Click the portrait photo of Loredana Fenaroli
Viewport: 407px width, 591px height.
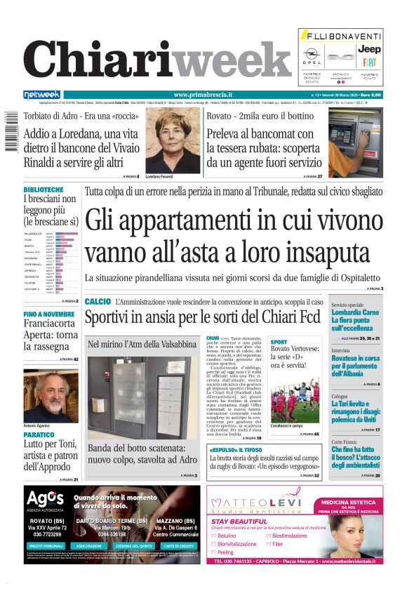[172, 141]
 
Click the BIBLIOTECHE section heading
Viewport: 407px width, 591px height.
[44, 190]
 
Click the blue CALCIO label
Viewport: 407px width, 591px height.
[98, 302]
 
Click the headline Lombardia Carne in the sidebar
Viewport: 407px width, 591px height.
[356, 312]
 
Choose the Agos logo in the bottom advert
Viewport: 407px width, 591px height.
[45, 499]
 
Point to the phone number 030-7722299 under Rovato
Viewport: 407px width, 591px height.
[48, 534]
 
